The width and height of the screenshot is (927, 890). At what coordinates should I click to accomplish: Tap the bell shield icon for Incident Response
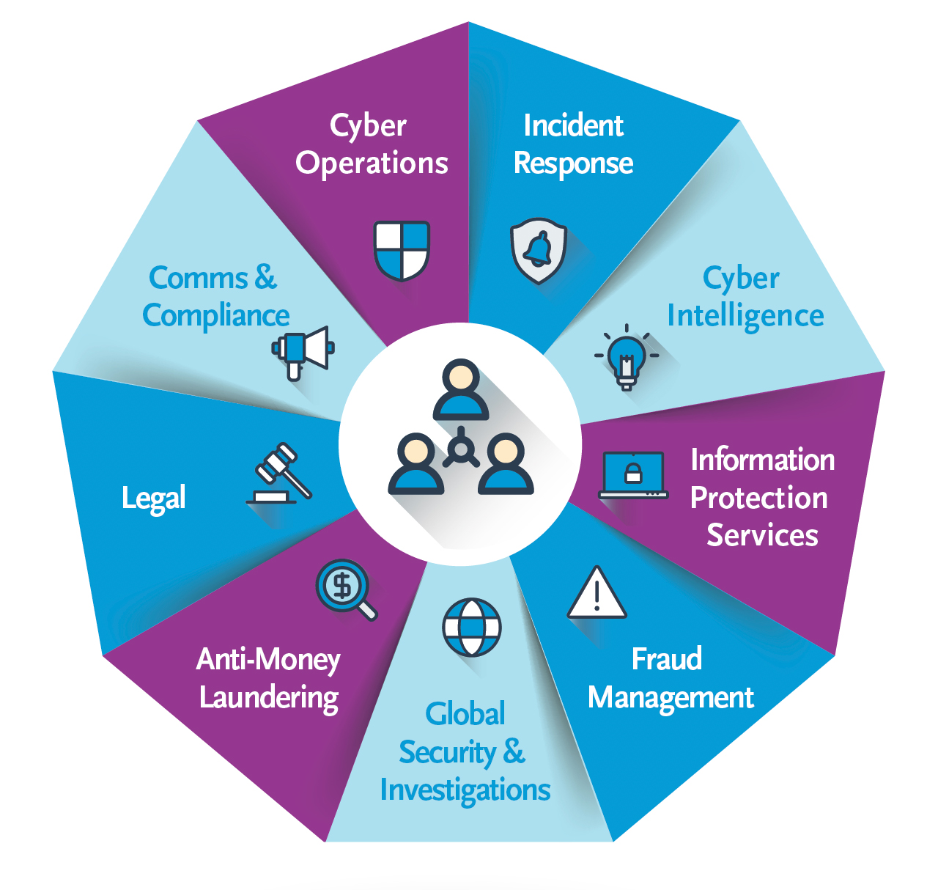539,250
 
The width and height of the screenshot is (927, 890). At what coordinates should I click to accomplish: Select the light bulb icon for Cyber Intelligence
627,356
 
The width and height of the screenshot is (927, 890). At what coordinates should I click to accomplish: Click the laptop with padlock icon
633,475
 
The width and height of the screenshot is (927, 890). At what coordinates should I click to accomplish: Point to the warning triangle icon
597,594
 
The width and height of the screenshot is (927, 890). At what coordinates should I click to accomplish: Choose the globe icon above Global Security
472,628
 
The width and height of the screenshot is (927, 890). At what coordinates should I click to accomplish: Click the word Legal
154,498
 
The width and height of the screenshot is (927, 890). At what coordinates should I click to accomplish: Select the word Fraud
667,659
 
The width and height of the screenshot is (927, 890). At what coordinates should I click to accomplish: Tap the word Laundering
269,697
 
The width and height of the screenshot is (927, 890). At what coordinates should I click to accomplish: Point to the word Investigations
465,790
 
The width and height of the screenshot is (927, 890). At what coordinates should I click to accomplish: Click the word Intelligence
745,316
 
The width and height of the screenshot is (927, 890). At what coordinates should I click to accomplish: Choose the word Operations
372,163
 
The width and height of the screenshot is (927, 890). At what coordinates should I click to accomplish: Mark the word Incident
573,126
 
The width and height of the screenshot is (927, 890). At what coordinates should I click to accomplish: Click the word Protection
758,498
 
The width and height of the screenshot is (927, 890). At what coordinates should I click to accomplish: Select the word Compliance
216,316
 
